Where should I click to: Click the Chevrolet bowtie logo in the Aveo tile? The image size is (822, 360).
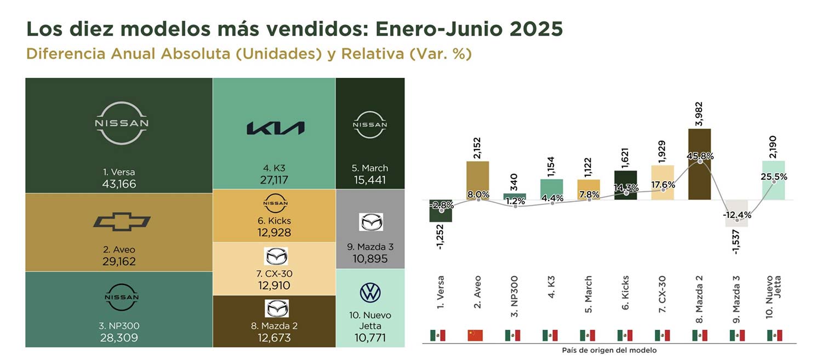[x=122, y=221]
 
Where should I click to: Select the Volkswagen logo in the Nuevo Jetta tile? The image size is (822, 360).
[x=370, y=293]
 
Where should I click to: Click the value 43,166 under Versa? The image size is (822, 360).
[x=119, y=184]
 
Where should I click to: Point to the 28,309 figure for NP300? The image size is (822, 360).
[x=119, y=338]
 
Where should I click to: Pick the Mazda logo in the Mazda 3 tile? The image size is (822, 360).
[x=371, y=222]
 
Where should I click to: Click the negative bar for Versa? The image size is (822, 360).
[x=441, y=212]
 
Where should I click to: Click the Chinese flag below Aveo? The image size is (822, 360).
[x=475, y=335]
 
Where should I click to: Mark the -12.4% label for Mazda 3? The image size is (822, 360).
[x=737, y=214]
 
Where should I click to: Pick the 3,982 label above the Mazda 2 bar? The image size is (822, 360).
[x=699, y=114]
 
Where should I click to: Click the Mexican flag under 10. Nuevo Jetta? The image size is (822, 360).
[x=774, y=335]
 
